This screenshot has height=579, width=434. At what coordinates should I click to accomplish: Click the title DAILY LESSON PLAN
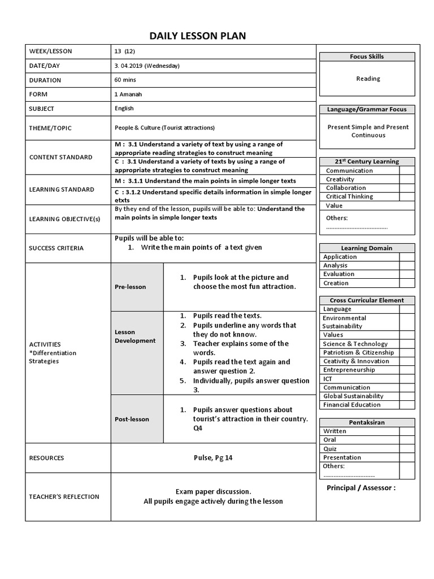(198, 37)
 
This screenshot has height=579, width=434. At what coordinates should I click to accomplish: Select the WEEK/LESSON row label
(50, 51)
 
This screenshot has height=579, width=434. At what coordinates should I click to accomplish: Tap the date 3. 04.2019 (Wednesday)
(147, 66)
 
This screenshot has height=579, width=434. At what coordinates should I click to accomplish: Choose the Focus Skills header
(367, 57)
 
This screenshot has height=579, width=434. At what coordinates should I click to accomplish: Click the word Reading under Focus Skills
(368, 79)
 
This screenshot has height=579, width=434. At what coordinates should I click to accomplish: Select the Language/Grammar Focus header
(367, 109)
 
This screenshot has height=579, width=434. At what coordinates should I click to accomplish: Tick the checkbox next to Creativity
(407, 179)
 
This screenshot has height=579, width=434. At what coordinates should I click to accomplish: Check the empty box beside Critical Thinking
(407, 196)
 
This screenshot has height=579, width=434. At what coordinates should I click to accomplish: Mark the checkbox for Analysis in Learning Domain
(407, 265)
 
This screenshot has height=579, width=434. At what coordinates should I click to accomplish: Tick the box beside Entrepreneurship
(407, 370)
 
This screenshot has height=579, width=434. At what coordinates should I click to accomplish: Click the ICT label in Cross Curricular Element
(328, 379)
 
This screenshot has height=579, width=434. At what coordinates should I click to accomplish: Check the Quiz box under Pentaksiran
(407, 448)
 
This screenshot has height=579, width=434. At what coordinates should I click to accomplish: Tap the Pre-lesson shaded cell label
(131, 287)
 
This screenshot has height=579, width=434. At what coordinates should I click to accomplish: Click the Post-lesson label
(132, 419)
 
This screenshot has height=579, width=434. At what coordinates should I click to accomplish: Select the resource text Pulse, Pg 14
(212, 457)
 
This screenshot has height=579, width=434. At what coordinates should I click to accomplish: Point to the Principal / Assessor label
(361, 488)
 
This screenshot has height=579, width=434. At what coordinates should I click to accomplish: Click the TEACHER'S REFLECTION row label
(64, 496)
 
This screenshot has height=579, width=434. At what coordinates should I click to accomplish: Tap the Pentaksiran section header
(367, 422)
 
